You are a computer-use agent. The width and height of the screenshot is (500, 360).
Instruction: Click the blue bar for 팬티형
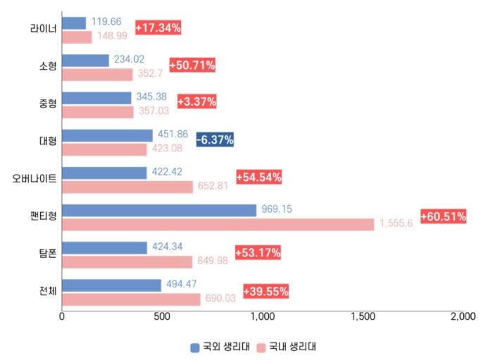(159, 210)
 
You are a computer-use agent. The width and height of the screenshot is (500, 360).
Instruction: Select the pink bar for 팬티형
(218, 224)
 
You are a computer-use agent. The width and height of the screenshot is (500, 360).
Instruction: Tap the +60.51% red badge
(444, 217)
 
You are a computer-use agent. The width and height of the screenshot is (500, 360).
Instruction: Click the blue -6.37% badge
(215, 139)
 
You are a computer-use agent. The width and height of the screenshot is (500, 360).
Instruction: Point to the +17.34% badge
(158, 28)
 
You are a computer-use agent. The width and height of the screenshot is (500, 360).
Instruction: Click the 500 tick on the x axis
(163, 317)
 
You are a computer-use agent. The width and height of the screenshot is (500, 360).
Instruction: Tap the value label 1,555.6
(396, 223)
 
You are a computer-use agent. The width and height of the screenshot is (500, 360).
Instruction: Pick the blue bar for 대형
(107, 135)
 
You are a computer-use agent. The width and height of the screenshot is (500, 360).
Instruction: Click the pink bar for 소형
(97, 75)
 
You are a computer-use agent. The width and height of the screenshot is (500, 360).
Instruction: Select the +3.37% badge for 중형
(196, 102)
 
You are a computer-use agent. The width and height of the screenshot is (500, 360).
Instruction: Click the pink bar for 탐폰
(127, 261)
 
